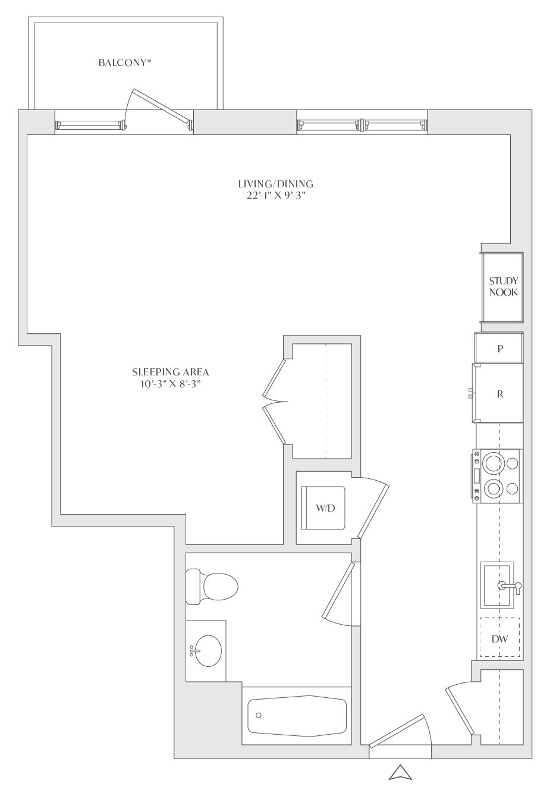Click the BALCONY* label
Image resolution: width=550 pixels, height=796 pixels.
click(125, 63)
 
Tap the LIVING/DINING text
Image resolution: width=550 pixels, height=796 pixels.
click(275, 184)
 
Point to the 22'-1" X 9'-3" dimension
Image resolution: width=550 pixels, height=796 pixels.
click(276, 196)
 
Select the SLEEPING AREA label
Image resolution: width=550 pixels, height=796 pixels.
click(171, 372)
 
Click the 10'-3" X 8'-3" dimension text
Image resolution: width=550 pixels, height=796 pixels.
click(171, 384)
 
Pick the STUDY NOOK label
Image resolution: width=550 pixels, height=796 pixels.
click(503, 287)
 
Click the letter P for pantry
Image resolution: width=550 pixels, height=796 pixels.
click(500, 349)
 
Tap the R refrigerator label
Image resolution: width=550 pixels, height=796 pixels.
click(500, 394)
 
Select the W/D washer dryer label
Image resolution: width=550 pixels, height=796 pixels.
click(325, 508)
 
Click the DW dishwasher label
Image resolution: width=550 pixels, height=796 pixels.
click(499, 639)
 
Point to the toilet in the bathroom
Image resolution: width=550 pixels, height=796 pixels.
click(212, 587)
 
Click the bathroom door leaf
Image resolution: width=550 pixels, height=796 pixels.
click(338, 590)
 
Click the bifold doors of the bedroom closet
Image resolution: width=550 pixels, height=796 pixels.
click(274, 402)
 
